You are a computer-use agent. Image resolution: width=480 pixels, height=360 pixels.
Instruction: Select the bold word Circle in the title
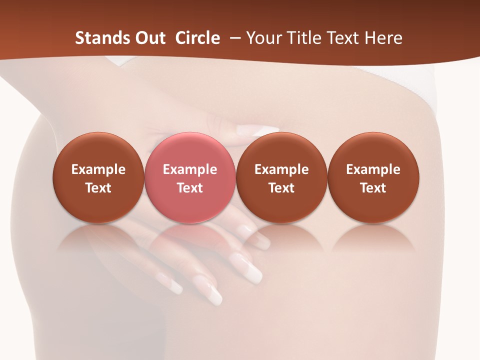pos(197,38)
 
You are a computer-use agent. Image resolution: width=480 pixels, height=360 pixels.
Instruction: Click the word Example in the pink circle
pos(190,169)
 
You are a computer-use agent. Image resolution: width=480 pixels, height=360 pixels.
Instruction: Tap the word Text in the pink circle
pos(190,188)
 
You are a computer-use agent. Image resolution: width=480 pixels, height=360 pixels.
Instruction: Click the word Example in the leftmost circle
pos(98,169)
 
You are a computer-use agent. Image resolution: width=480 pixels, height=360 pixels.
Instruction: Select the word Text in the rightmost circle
pos(373,188)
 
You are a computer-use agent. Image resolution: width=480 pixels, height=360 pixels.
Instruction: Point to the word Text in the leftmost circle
pos(98,188)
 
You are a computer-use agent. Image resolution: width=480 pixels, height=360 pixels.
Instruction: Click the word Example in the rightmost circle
pos(373,169)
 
